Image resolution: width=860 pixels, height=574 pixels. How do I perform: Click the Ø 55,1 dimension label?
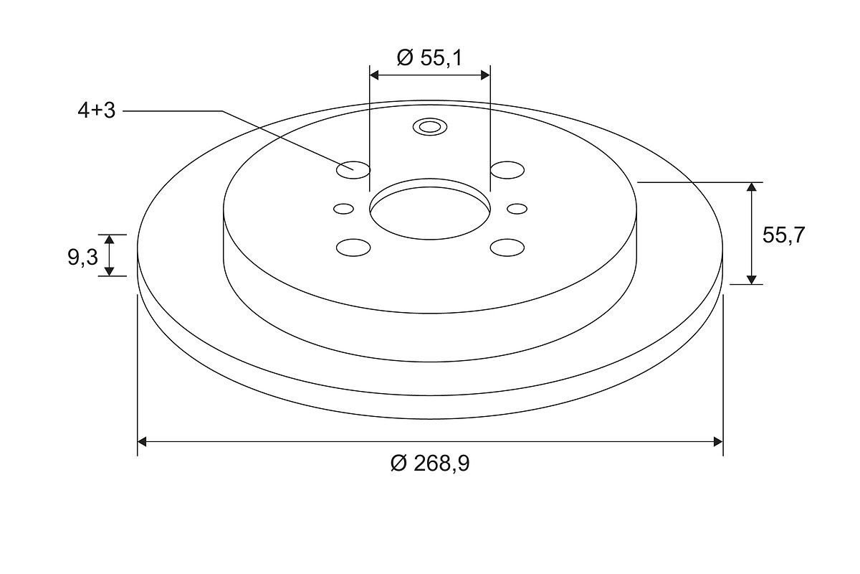tap(429, 58)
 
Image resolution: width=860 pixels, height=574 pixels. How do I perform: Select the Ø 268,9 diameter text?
tap(430, 463)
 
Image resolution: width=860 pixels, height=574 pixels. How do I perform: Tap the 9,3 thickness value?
tap(83, 257)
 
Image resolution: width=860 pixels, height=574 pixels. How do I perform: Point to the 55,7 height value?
tap(783, 235)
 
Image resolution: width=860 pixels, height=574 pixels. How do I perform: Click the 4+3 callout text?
tap(96, 110)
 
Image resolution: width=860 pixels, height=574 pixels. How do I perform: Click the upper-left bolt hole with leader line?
tap(353, 170)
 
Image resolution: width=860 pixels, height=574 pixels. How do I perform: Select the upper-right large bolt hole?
tap(507, 170)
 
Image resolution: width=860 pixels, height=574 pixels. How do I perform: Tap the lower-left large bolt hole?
tap(353, 248)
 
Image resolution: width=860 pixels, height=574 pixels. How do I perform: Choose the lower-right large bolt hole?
tap(507, 248)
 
